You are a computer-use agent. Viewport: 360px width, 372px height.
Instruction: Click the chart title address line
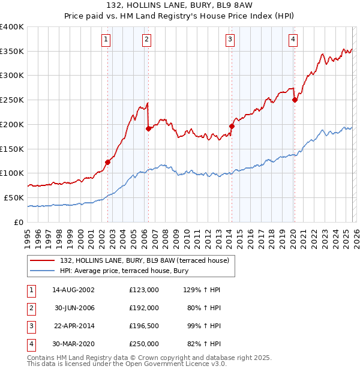(x=179, y=5)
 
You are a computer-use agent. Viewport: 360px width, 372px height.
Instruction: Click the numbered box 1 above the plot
(x=106, y=40)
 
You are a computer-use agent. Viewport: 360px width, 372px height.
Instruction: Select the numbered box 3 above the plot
(x=229, y=40)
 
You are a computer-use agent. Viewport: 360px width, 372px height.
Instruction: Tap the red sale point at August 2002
(x=108, y=161)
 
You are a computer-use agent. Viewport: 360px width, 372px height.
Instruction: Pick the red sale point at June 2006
(x=148, y=128)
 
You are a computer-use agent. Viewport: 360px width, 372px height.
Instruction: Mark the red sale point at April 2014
(x=232, y=126)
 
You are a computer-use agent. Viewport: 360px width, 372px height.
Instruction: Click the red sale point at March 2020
(x=295, y=100)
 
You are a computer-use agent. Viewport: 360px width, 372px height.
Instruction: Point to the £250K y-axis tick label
(x=11, y=100)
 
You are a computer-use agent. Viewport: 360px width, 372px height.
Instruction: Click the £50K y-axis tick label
(x=14, y=197)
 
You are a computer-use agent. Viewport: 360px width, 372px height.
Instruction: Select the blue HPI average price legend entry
(x=124, y=271)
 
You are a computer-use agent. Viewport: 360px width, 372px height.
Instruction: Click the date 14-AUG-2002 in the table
(x=73, y=290)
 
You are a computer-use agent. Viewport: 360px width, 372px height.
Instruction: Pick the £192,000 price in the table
(x=143, y=308)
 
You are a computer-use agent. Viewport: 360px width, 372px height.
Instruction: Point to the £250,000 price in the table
(x=143, y=344)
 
